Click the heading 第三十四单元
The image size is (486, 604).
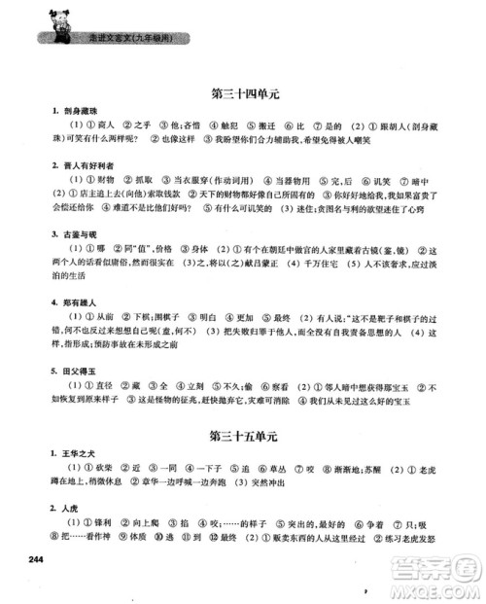pyautogui.click(x=244, y=95)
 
